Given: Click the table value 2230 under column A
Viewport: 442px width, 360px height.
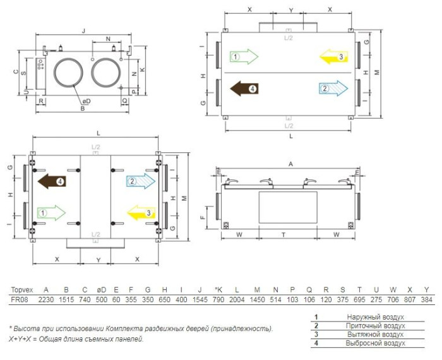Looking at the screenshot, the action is pos(46,299).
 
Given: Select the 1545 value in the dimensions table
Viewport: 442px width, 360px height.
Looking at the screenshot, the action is pos(200,299).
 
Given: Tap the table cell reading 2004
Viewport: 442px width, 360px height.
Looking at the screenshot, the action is pos(237,299).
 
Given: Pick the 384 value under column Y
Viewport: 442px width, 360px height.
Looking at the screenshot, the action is pos(426,299).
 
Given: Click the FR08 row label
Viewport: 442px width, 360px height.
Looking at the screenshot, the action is pos(20,299).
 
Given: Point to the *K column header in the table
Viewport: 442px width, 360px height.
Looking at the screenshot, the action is pos(218,290).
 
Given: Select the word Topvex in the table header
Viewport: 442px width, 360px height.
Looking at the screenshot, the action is pos(22,290).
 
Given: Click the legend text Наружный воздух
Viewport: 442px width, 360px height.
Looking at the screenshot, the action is pos(375,317).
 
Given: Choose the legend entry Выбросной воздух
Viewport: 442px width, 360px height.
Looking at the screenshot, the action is pos(375,343).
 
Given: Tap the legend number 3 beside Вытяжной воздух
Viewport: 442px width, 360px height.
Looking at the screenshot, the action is pos(316,334).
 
